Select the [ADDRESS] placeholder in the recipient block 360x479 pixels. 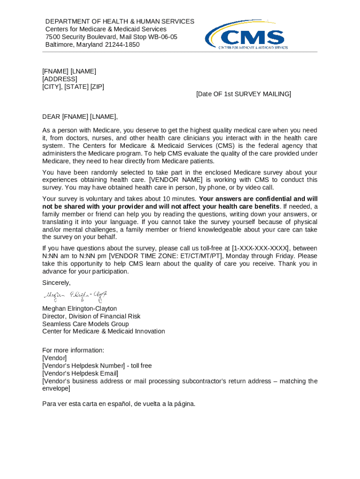(x=60, y=79)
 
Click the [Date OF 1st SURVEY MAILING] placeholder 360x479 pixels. (x=244, y=94)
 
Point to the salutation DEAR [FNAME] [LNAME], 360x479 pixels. (x=80, y=117)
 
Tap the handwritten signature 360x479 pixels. (x=76, y=295)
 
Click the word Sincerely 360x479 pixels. (x=56, y=283)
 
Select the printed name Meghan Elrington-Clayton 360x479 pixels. (x=79, y=309)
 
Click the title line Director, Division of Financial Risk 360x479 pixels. (x=91, y=316)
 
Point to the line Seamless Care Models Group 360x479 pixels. (x=85, y=324)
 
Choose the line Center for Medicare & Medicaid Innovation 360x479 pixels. (x=103, y=331)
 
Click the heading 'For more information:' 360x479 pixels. (x=73, y=350)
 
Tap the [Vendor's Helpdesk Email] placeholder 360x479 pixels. (x=80, y=373)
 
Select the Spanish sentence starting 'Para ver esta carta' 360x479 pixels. (x=118, y=404)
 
